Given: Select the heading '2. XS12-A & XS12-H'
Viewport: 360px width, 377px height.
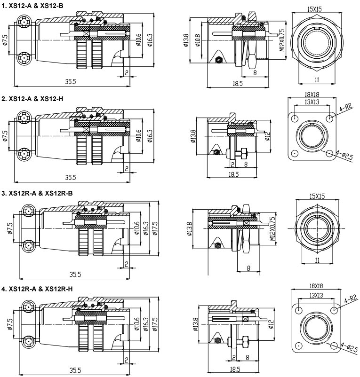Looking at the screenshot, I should coord(32,99).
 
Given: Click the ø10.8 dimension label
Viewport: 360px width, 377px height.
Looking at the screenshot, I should coord(198,42).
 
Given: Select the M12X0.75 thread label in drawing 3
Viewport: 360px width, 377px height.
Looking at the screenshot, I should coord(272,228).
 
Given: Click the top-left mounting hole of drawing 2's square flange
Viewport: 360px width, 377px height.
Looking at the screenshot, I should coord(295,118).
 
